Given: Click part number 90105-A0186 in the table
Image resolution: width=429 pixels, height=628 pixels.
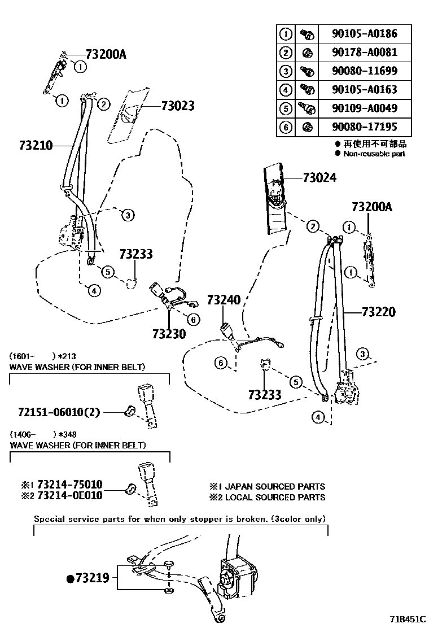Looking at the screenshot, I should pyautogui.click(x=364, y=33).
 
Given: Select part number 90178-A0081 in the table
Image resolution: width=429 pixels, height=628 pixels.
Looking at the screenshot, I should pyautogui.click(x=364, y=52).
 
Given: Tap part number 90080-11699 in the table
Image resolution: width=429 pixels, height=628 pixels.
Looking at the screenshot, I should pyautogui.click(x=364, y=71).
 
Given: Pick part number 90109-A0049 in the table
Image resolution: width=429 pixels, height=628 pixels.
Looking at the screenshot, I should pyautogui.click(x=364, y=108).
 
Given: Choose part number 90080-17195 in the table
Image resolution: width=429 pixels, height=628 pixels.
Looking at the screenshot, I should pyautogui.click(x=364, y=127).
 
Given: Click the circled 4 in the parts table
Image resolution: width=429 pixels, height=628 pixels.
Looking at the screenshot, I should pyautogui.click(x=286, y=89).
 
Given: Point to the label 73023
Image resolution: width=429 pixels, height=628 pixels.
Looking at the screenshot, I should pyautogui.click(x=177, y=106).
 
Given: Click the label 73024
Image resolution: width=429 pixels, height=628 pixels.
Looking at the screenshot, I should pyautogui.click(x=319, y=178).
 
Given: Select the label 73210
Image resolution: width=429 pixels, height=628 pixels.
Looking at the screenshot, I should pyautogui.click(x=35, y=146).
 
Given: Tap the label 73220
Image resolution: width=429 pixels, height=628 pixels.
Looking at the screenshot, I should pyautogui.click(x=378, y=312).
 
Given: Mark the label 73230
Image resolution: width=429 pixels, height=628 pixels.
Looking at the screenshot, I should pyautogui.click(x=168, y=334).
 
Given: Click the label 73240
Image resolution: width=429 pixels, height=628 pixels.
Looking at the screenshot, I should pyautogui.click(x=223, y=300).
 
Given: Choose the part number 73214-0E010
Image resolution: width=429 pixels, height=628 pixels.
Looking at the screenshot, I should pyautogui.click(x=69, y=496).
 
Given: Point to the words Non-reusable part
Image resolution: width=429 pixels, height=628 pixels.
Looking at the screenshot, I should pyautogui.click(x=374, y=154).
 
